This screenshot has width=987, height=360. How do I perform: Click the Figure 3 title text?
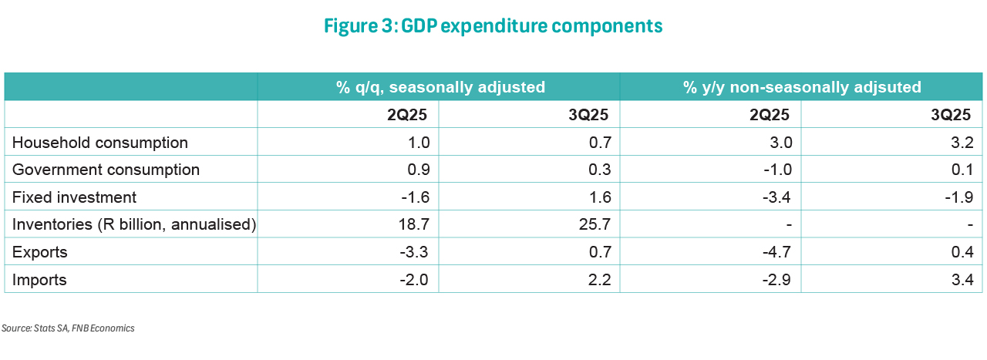tap(493, 25)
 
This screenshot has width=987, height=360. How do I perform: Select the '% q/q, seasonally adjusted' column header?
tap(440, 87)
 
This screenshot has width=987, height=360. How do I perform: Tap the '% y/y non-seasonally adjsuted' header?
tap(802, 87)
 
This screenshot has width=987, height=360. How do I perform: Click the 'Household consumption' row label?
tap(100, 143)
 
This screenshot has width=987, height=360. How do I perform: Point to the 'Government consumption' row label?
tap(106, 170)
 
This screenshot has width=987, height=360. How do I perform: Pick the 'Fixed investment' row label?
tap(75, 197)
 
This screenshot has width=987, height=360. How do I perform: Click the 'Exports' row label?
tap(40, 252)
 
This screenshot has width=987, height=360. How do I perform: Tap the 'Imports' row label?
tap(39, 280)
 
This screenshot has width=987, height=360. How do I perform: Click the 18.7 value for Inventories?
tap(415, 224)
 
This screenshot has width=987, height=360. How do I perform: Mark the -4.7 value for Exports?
tap(776, 252)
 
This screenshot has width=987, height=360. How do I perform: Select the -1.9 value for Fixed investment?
tap(957, 197)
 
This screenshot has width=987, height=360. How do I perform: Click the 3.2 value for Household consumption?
tap(959, 143)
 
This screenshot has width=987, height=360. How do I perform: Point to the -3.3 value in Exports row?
tap(413, 252)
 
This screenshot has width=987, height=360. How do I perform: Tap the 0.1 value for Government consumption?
tap(959, 170)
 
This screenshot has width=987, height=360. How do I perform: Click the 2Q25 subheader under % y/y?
tap(770, 115)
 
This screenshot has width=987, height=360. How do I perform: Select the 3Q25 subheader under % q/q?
tap(588, 115)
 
